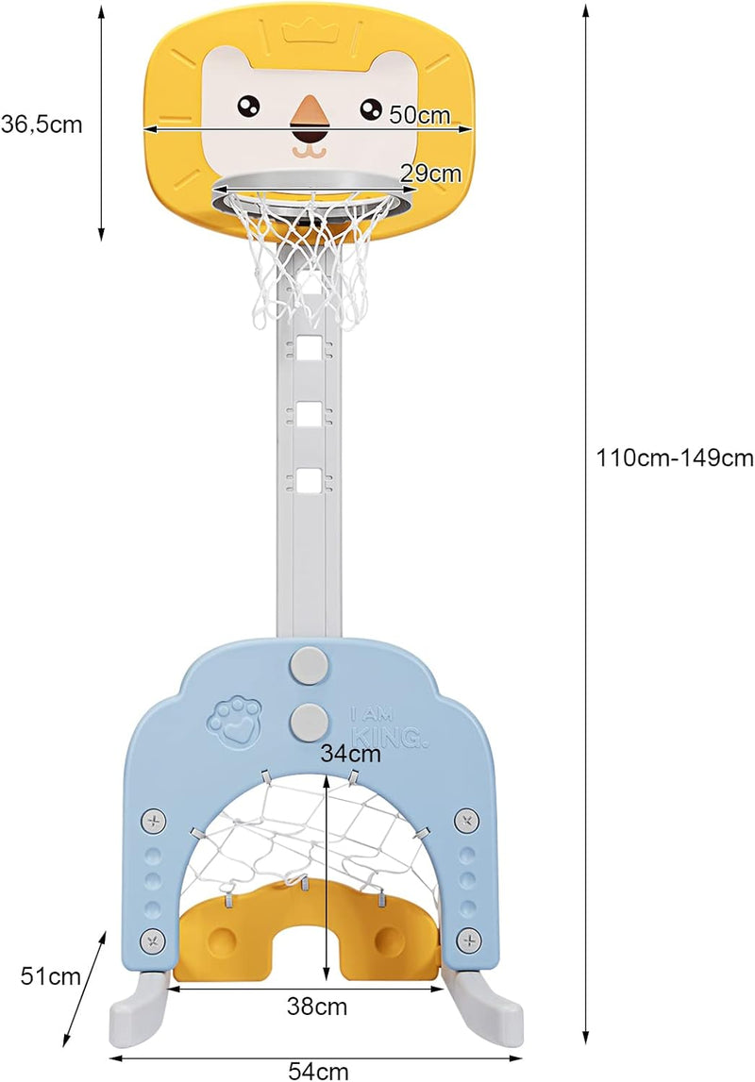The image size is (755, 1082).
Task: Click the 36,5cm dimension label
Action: pyautogui.click(x=42, y=125)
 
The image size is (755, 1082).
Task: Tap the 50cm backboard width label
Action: pyautogui.click(x=420, y=114)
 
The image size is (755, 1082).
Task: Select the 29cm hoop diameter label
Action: pyautogui.click(x=430, y=174)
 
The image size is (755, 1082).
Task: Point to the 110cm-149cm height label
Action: pyautogui.click(x=675, y=458)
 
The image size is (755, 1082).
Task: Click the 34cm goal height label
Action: pyautogui.click(x=350, y=753)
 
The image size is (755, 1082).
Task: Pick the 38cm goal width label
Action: pyautogui.click(x=317, y=1007)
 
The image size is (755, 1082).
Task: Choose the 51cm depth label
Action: pyautogui.click(x=50, y=976)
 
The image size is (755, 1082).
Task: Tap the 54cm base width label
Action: pyautogui.click(x=318, y=1071)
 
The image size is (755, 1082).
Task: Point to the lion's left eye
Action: pyautogui.click(x=248, y=107)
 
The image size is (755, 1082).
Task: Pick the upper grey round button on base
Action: pyautogui.click(x=309, y=663)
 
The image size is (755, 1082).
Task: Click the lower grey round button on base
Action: pyautogui.click(x=309, y=720)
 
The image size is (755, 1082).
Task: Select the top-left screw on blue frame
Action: pyautogui.click(x=154, y=822)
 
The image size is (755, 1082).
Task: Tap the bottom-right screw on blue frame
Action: pyautogui.click(x=468, y=940)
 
